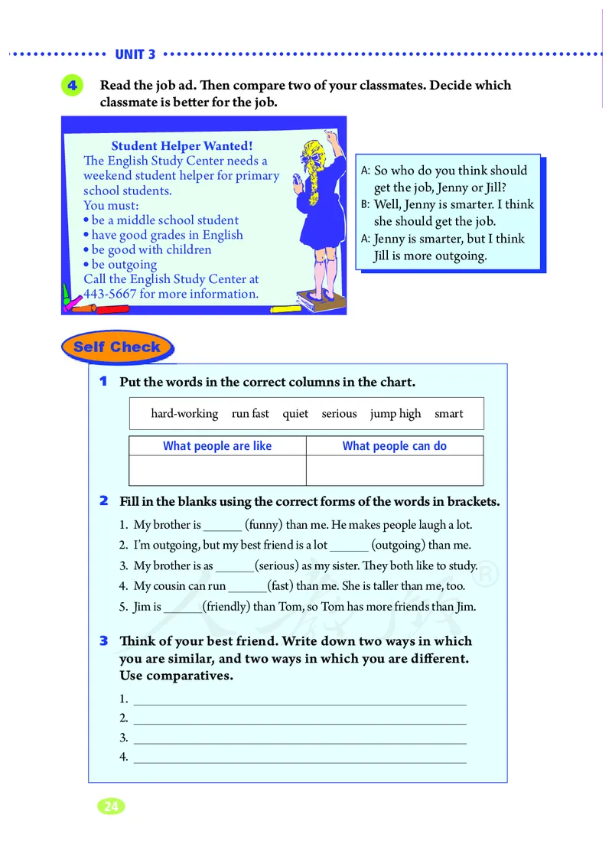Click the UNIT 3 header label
(135, 54)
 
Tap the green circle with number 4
(71, 86)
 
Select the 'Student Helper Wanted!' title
(182, 146)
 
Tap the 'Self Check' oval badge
(117, 347)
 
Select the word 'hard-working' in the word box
(184, 414)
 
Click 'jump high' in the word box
(396, 414)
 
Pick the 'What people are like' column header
(217, 446)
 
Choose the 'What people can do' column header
(394, 446)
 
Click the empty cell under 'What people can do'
(394, 470)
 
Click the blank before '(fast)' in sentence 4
(247, 587)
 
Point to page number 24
(110, 806)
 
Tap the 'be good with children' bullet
(151, 250)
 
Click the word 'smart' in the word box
(449, 414)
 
